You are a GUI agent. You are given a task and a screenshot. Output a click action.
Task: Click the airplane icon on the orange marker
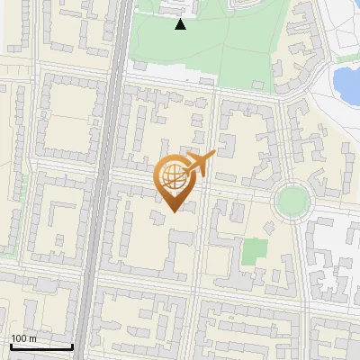point(200,164)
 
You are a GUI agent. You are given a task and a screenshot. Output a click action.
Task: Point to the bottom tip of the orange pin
point(171,211)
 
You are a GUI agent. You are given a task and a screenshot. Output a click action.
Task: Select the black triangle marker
point(181,25)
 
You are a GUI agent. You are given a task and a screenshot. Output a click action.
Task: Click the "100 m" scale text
point(24,338)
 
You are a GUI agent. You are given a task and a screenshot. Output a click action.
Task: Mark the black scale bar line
point(40,346)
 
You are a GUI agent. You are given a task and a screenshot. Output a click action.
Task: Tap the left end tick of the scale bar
point(10,345)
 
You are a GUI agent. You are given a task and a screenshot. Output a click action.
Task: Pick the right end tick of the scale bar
point(72,345)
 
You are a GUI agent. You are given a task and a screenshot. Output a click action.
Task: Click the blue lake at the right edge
point(346,83)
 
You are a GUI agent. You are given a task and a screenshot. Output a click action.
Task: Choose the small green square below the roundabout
point(256,251)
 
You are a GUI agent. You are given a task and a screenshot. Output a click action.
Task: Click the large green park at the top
point(207,49)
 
